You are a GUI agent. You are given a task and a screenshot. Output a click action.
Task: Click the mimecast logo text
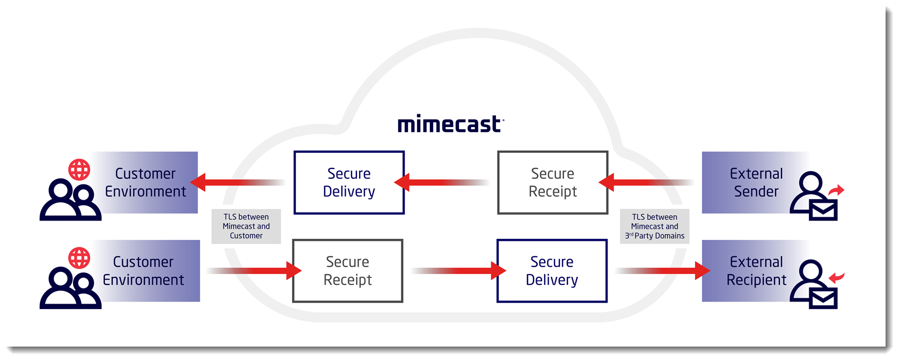tap(450, 124)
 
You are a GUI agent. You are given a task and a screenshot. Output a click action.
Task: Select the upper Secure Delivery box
tap(349, 182)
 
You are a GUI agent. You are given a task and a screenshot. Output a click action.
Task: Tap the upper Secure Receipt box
tap(552, 182)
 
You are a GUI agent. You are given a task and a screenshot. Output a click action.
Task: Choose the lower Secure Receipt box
tap(347, 271)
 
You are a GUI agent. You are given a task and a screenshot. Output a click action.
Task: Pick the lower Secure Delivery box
tap(552, 271)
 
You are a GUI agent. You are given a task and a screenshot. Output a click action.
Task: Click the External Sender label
tap(756, 182)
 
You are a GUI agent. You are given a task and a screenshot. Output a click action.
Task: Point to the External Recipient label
tap(756, 271)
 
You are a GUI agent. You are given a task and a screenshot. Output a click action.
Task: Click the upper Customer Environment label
tap(145, 182)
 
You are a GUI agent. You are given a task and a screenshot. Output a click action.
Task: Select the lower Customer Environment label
tap(143, 271)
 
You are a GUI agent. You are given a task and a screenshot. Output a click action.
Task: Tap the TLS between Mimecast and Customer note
tap(246, 226)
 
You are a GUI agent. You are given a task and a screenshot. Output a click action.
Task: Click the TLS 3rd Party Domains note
tap(654, 226)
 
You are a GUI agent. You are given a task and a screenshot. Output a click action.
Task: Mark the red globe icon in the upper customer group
tap(79, 170)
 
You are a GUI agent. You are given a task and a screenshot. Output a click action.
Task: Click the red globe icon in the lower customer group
tap(79, 258)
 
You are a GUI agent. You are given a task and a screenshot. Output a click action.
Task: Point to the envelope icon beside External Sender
tap(823, 210)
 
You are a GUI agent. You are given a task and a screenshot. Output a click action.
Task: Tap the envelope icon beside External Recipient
tap(823, 298)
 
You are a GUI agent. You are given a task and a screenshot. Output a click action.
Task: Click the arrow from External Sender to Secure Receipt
tap(644, 182)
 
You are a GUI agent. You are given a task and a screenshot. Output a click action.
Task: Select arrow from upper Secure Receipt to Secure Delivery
tap(440, 182)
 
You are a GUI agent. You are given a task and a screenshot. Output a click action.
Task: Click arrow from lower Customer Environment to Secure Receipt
tap(252, 271)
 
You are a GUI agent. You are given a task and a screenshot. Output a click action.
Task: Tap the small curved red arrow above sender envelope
tap(836, 190)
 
